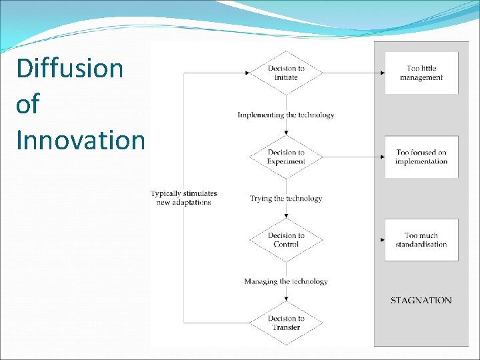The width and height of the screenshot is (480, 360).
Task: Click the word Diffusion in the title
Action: point(69,69)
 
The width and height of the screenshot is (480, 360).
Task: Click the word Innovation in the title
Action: point(80,140)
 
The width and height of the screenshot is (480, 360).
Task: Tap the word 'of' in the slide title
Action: point(27,105)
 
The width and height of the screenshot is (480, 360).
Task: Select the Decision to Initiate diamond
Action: point(286,73)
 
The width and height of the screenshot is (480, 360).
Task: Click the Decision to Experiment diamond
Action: point(286,157)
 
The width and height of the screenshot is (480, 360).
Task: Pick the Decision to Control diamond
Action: point(286,239)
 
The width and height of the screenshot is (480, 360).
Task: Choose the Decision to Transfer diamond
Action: point(286,323)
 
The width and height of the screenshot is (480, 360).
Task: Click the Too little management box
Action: point(421,73)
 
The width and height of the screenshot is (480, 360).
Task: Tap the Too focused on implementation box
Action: point(421,157)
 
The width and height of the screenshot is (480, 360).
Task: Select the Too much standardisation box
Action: point(421,239)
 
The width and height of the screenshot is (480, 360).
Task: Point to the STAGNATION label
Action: point(421,301)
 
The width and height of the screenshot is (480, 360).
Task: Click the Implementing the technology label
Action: point(286,115)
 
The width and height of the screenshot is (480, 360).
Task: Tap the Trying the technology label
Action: point(286,198)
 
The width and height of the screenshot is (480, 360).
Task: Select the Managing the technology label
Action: point(286,281)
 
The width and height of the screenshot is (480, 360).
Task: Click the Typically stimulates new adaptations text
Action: point(184,198)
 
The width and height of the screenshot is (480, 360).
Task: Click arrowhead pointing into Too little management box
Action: point(382,73)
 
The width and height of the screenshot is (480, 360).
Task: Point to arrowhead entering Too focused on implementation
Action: point(382,157)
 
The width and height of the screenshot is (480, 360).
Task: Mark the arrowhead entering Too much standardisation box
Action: point(382,239)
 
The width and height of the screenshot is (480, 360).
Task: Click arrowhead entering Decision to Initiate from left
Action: point(247,73)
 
